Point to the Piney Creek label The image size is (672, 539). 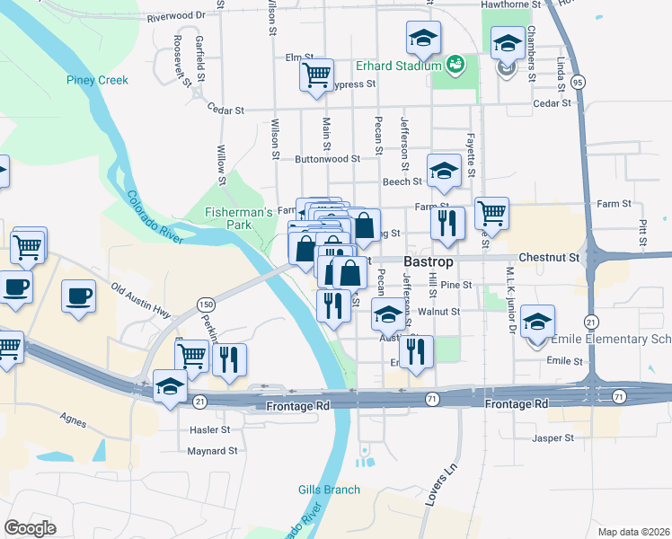coord(97,80)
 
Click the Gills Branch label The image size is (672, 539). coord(329,490)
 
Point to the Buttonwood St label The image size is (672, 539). coord(327,158)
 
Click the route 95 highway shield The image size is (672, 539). coord(578,82)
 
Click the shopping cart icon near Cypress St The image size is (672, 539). coord(316,75)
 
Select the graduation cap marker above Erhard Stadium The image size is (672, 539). coord(422,39)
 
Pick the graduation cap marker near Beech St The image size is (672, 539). coord(443,172)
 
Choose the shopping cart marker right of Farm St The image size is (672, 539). coord(491,214)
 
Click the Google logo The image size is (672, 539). coord(30,528)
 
